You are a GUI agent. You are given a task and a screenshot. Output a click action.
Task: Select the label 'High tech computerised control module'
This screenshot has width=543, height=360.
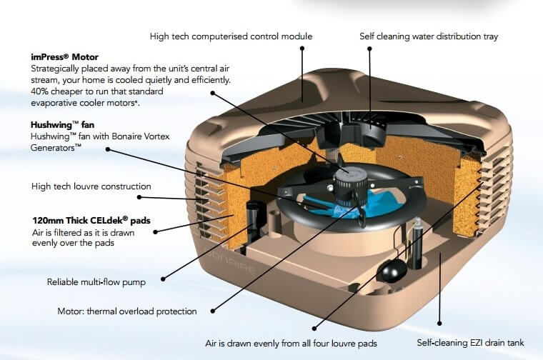(231, 36)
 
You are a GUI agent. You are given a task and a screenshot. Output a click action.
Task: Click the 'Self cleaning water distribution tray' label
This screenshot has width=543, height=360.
(437, 36)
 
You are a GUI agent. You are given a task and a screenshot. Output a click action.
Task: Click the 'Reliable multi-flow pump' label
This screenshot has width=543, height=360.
(96, 282)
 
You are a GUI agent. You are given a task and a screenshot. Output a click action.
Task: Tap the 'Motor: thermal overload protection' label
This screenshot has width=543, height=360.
(126, 311)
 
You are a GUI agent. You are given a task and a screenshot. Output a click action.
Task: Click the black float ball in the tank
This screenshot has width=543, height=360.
(389, 269)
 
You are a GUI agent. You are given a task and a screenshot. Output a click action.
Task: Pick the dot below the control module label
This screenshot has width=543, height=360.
(302, 49)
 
